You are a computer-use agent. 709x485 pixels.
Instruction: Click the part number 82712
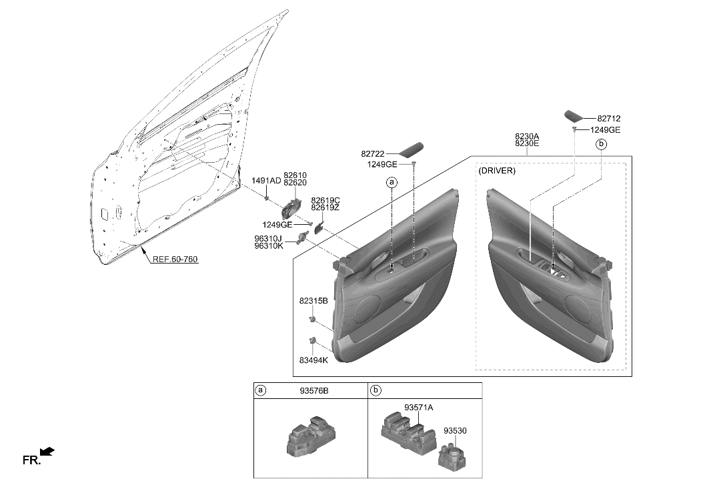tap(608, 119)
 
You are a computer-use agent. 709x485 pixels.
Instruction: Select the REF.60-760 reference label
tap(175, 259)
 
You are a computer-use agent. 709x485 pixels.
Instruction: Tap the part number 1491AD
tap(265, 180)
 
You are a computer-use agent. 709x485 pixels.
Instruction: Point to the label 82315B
tap(313, 301)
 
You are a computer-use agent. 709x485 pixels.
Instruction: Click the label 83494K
tap(313, 360)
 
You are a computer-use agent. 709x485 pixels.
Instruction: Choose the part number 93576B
tap(313, 390)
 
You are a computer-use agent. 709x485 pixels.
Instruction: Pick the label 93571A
tap(418, 406)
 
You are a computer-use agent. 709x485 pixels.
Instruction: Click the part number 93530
tap(455, 431)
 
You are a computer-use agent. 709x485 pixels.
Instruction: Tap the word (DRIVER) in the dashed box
tap(497, 171)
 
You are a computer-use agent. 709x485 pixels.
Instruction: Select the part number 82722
tap(375, 153)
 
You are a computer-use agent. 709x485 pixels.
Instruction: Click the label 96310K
tap(267, 246)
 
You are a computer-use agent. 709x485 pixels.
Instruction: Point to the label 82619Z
tap(325, 208)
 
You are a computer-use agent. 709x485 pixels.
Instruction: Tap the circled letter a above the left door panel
tap(392, 181)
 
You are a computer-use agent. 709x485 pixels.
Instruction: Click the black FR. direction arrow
tap(47, 452)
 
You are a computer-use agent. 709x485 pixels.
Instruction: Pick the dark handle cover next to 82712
tap(574, 114)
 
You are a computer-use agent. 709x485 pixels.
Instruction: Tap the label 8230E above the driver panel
tap(526, 144)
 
